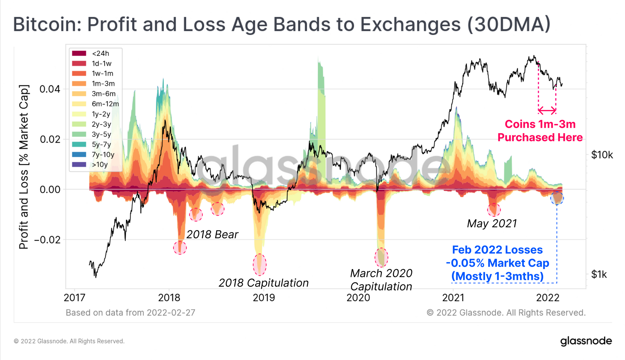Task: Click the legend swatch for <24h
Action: [79, 53]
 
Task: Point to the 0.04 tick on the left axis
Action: [50, 89]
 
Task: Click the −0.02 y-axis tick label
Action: [47, 240]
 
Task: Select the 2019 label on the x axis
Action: [264, 297]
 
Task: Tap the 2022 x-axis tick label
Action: [547, 297]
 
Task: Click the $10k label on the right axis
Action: [602, 155]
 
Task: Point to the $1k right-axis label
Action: [599, 275]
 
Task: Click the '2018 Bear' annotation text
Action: [212, 234]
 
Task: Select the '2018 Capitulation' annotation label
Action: [263, 283]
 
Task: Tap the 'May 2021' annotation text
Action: [492, 223]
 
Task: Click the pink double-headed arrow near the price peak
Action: [547, 110]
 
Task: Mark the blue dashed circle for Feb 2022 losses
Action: [557, 198]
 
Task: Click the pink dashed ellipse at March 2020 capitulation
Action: [381, 257]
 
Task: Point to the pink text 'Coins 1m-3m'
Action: [540, 124]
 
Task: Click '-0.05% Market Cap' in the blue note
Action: [497, 263]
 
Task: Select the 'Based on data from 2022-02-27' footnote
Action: [130, 313]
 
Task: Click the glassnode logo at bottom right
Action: [586, 341]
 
